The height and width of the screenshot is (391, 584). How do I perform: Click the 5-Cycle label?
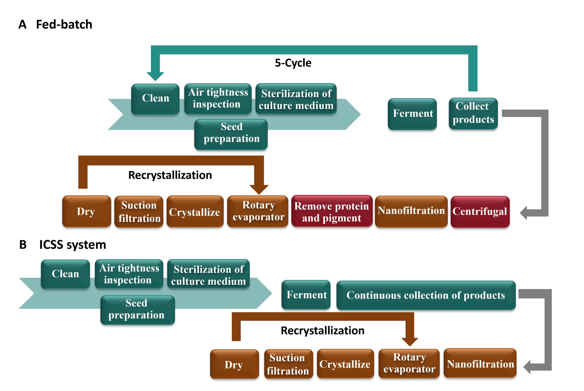(x=293, y=63)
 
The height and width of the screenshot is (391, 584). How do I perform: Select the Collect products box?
(x=473, y=113)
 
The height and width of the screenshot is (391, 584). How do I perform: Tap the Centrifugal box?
(x=480, y=212)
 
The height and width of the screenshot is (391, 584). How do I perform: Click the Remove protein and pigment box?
(x=332, y=212)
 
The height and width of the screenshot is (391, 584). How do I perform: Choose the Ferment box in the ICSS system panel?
(x=306, y=295)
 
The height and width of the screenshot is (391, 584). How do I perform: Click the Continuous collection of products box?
(x=426, y=295)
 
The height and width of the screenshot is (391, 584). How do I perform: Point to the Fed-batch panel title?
(x=64, y=24)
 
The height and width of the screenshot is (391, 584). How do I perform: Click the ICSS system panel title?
(x=72, y=245)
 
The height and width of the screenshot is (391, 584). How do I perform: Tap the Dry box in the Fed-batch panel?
(x=86, y=212)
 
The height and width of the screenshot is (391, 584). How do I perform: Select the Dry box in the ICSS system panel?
(x=234, y=364)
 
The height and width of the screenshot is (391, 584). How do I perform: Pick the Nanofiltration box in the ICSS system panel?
(x=480, y=363)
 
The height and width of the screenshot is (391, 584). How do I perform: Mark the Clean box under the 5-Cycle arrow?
(x=155, y=99)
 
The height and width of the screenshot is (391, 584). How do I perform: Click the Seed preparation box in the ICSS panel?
(x=137, y=310)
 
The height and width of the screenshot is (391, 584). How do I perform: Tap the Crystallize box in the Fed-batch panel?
(x=195, y=212)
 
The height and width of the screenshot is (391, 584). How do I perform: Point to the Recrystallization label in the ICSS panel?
(x=323, y=331)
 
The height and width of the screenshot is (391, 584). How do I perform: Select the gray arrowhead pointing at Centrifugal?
(x=524, y=213)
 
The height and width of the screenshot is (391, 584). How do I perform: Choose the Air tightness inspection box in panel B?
(x=129, y=274)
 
